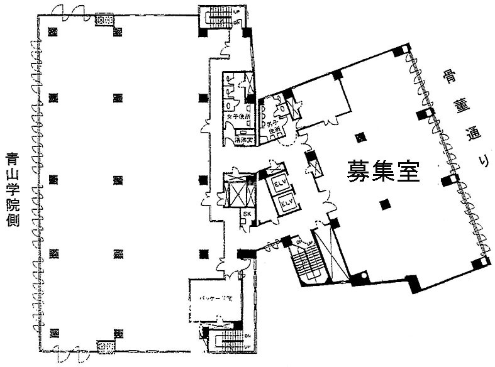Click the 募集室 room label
pyautogui.click(x=383, y=170)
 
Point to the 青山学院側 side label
pyautogui.click(x=12, y=189)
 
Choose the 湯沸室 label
pyautogui.click(x=242, y=140)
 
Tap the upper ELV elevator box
pyautogui.click(x=279, y=185)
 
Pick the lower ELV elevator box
pyautogui.click(x=287, y=204)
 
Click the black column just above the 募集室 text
pyautogui.click(x=360, y=138)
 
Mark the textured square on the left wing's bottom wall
pyautogui.click(x=105, y=345)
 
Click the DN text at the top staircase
pyautogui.click(x=236, y=23)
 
